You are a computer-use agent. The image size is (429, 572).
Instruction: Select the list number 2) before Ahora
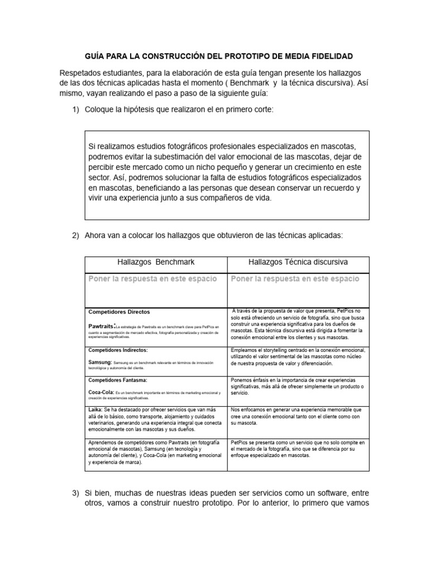point(76,235)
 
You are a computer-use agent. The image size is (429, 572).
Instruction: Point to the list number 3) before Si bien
point(76,494)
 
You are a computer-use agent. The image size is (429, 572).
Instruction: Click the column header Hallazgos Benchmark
point(156,261)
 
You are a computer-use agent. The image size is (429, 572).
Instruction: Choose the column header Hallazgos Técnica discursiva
point(298,261)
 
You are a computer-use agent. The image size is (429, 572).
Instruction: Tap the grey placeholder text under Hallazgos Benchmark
point(156,279)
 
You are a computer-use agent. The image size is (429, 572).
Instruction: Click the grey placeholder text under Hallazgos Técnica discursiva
point(295,279)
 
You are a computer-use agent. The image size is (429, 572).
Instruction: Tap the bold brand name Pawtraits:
point(102,325)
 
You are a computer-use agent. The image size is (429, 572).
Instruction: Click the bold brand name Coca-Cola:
point(101,393)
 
